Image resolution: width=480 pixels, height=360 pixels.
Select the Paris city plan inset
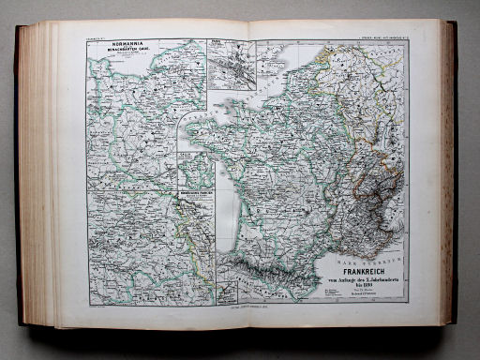(232, 64)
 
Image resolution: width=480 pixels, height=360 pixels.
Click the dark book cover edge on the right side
(454, 178)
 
